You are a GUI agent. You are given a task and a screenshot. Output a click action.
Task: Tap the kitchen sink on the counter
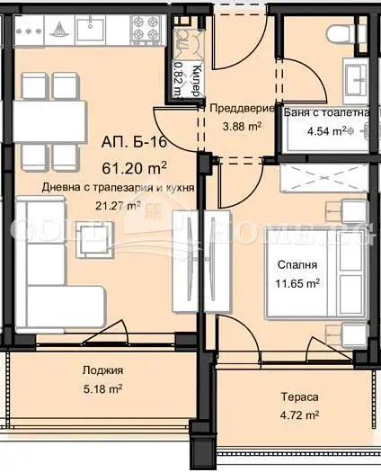(90, 29)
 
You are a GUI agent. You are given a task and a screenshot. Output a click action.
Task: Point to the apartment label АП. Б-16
(134, 142)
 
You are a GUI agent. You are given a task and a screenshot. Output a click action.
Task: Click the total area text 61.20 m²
(134, 168)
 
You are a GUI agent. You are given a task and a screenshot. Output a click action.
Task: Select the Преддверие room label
(242, 109)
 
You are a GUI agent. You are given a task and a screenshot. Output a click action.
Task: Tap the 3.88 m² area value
(242, 126)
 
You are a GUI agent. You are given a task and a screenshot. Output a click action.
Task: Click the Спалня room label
(297, 265)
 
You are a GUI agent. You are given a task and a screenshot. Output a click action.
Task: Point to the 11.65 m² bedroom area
(297, 283)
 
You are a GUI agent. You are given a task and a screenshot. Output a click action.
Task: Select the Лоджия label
(102, 370)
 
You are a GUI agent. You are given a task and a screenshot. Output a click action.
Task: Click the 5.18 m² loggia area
(102, 389)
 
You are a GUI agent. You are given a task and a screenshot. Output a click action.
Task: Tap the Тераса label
(299, 396)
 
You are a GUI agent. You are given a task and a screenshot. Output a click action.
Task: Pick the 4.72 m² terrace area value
(299, 415)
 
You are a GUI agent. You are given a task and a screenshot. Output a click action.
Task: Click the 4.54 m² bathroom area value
(327, 131)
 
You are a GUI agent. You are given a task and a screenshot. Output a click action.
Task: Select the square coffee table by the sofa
(95, 239)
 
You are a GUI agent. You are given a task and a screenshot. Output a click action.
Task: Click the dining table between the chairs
(50, 121)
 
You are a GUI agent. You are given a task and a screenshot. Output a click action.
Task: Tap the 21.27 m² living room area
(118, 206)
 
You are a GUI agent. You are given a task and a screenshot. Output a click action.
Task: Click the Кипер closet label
(196, 80)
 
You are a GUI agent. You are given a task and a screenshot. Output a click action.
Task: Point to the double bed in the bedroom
(316, 273)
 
